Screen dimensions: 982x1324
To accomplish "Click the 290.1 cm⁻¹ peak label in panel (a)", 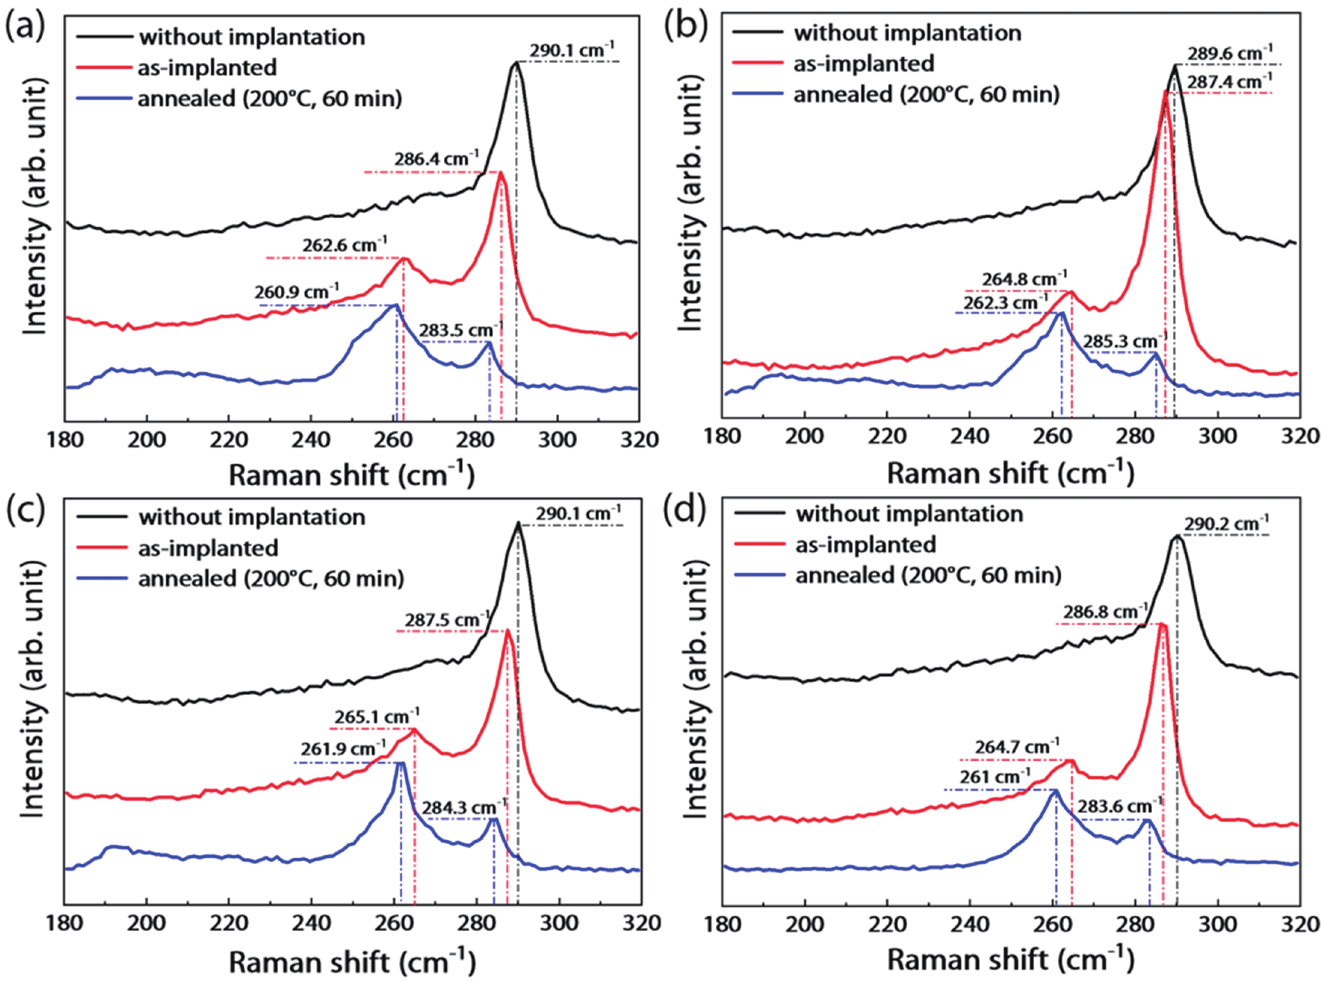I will tap(572, 50).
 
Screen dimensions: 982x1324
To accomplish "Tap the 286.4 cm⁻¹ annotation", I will tap(436, 160).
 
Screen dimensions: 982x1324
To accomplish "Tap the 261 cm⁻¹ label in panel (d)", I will tap(994, 777).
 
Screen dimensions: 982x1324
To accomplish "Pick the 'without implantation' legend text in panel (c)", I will tap(252, 517).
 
